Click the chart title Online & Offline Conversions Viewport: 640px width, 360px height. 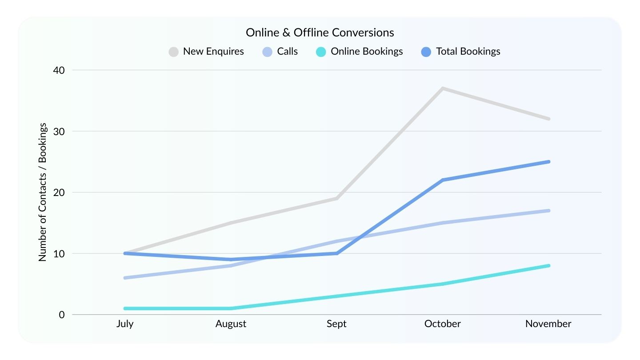coord(320,32)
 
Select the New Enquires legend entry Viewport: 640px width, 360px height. coord(207,52)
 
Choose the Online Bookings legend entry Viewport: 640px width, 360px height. coord(360,52)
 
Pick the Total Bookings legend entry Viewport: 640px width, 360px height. coord(460,52)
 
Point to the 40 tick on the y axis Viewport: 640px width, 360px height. coord(59,70)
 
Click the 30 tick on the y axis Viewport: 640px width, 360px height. coord(59,132)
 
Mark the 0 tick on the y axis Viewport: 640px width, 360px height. coord(62,315)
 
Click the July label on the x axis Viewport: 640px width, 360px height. coord(125,324)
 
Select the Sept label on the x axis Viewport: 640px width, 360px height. coord(336,324)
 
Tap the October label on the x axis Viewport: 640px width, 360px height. coord(442,324)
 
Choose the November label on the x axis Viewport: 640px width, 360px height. coord(548,324)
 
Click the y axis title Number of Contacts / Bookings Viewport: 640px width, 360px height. coord(43,192)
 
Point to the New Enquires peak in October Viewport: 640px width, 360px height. coord(443,88)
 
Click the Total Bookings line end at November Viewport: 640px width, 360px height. coord(548,162)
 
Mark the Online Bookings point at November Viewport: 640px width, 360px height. coord(548,266)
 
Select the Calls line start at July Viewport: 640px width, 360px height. coord(125,278)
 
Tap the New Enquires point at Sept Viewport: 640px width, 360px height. coord(337,198)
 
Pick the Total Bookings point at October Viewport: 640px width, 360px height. coord(443,180)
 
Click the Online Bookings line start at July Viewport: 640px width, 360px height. coord(125,308)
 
